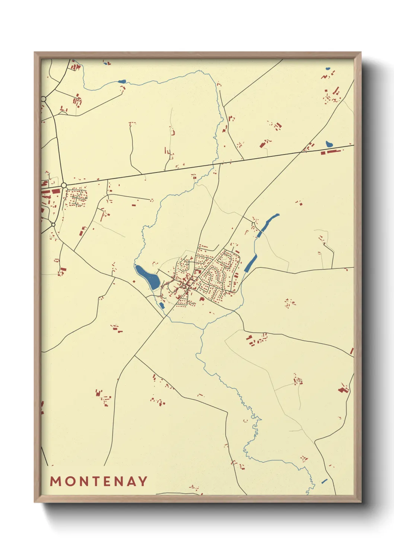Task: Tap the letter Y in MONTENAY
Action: coord(142,481)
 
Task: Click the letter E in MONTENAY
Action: coord(105,481)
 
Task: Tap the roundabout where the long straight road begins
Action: coord(64,185)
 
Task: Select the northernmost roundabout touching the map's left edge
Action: coord(44,99)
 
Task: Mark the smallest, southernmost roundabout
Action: coord(53,224)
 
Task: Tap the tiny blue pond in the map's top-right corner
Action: coord(328,69)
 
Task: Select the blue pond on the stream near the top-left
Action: coord(122,82)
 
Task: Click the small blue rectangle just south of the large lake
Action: coord(161,305)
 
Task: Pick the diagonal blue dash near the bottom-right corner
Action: coord(324,481)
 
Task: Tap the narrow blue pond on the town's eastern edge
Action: coord(250,263)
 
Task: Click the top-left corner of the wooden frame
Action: coord(35,52)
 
